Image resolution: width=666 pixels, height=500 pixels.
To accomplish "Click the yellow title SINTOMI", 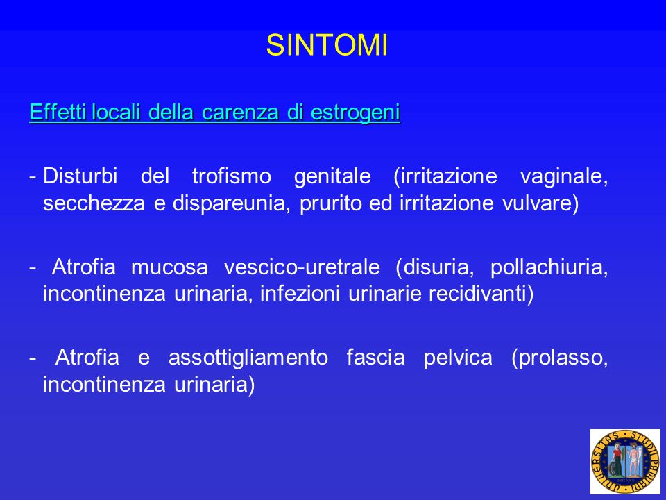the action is (327, 45).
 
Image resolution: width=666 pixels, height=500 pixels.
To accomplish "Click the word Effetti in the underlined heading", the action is (58, 112).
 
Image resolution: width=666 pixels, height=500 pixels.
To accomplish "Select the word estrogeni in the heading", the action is (355, 113).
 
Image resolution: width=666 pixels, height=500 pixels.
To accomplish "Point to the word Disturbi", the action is (80, 176).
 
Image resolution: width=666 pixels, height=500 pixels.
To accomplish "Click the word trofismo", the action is (232, 176).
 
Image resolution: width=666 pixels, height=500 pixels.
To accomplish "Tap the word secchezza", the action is (94, 203).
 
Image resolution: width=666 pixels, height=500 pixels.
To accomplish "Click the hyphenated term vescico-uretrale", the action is (302, 267).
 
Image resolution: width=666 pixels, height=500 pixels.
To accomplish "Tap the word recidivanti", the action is (481, 293).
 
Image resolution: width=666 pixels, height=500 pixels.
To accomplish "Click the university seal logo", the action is (625, 462).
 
